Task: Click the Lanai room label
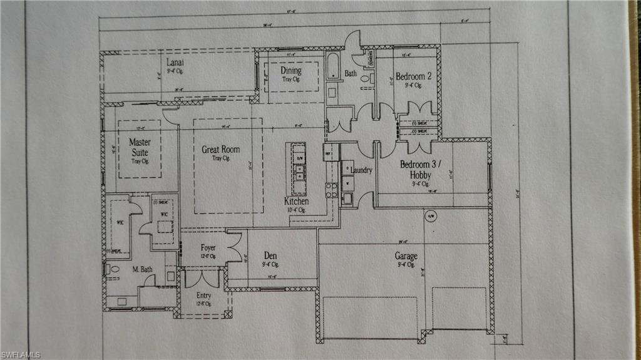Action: pyautogui.click(x=175, y=63)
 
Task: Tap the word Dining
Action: pyautogui.click(x=291, y=71)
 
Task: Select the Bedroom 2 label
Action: pyautogui.click(x=413, y=76)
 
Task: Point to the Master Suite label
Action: pyautogui.click(x=140, y=147)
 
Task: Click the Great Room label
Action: pyautogui.click(x=220, y=150)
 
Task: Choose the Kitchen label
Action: pyautogui.click(x=296, y=202)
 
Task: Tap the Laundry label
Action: pyautogui.click(x=362, y=170)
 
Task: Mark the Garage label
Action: pyautogui.click(x=406, y=256)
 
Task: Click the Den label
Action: pyautogui.click(x=270, y=255)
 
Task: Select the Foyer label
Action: pyautogui.click(x=208, y=248)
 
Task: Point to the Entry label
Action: pyautogui.click(x=203, y=295)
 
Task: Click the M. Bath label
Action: pyautogui.click(x=142, y=269)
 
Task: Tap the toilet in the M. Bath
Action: pyautogui.click(x=113, y=270)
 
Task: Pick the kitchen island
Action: pyautogui.click(x=296, y=168)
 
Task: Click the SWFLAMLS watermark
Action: pyautogui.click(x=21, y=355)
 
